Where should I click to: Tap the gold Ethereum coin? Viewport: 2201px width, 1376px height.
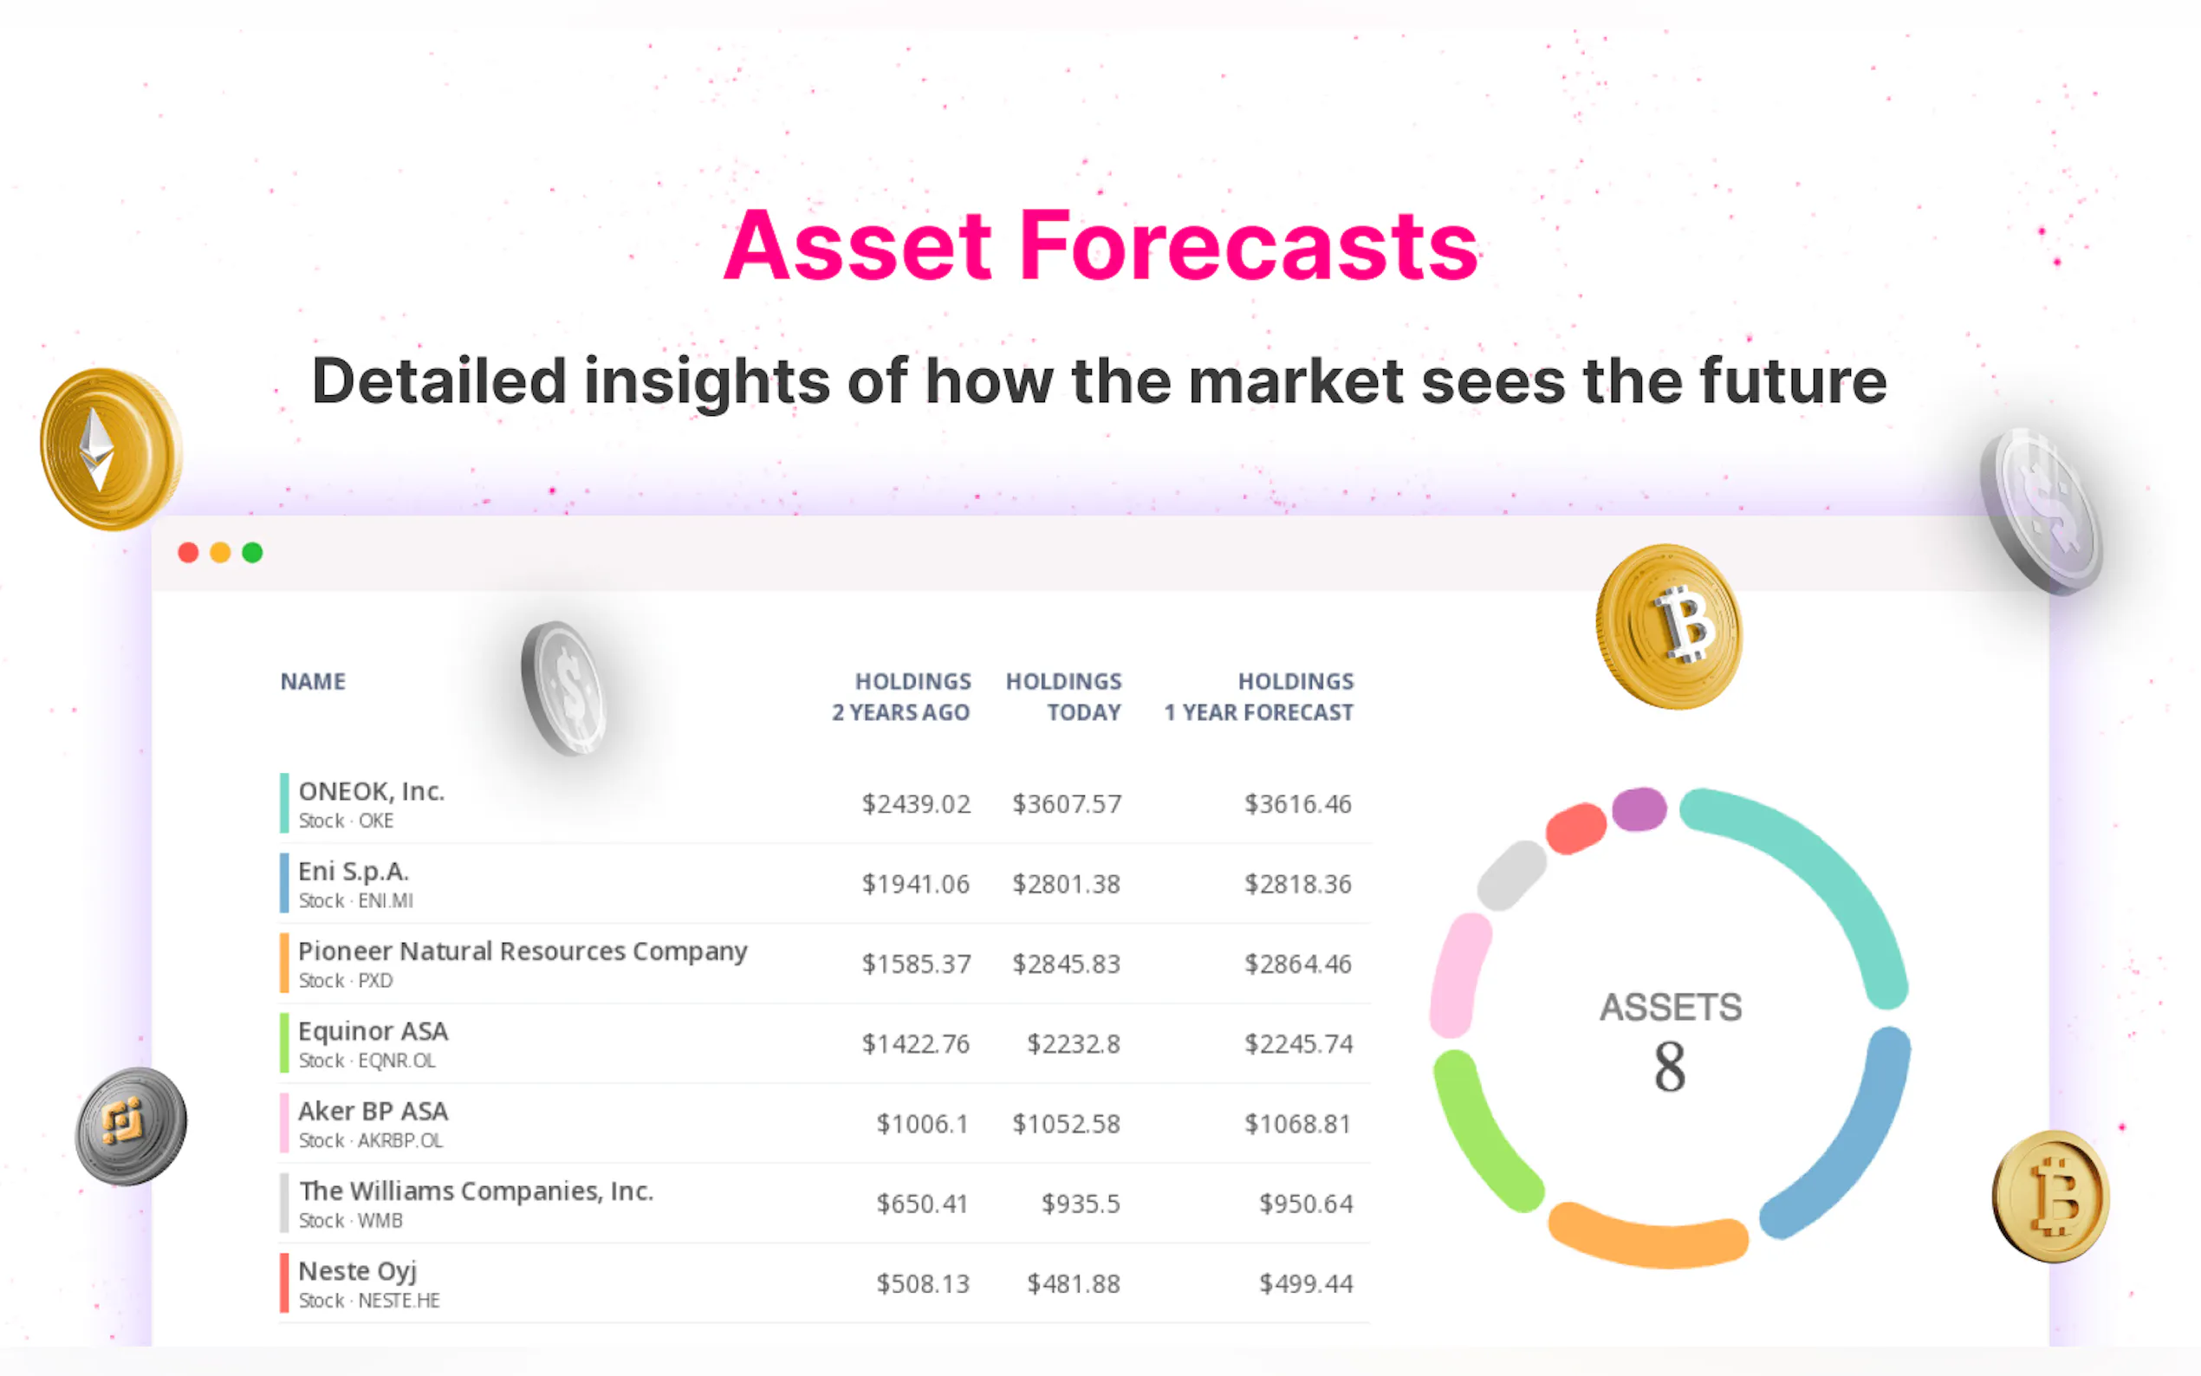click(111, 449)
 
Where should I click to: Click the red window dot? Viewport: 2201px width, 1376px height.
click(188, 553)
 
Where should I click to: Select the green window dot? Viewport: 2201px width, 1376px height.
click(252, 553)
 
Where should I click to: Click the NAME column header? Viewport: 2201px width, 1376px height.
click(313, 682)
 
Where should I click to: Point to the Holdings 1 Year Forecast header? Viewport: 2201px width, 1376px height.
click(1259, 698)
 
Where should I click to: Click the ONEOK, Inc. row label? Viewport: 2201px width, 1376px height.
click(371, 791)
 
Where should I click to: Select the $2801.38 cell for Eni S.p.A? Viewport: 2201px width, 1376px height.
click(1067, 884)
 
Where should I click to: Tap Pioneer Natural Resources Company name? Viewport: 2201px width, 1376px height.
click(523, 951)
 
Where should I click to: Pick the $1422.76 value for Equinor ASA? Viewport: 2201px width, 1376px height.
click(916, 1044)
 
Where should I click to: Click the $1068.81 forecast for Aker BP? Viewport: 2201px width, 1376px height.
click(1298, 1124)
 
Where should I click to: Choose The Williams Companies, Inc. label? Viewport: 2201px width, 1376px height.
click(476, 1191)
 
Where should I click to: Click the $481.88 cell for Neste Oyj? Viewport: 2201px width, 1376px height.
click(1074, 1284)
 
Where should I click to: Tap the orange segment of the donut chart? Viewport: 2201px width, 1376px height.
click(1648, 1238)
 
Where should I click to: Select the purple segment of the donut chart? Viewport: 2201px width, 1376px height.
click(1639, 809)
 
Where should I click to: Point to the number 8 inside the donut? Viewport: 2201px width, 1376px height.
click(1670, 1067)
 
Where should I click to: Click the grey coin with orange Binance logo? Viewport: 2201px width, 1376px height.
click(131, 1126)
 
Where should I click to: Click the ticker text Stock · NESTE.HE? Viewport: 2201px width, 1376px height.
click(369, 1301)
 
